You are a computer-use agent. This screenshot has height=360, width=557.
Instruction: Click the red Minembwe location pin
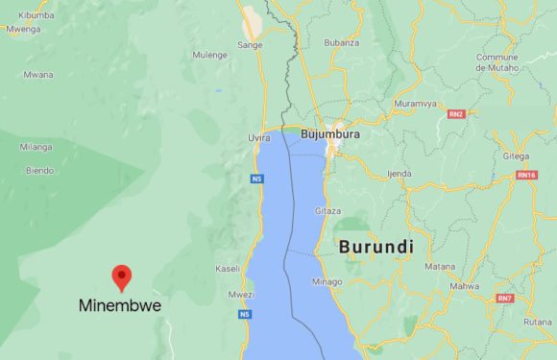[x=122, y=276]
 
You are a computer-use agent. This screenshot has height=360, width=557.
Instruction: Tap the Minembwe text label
[x=120, y=306]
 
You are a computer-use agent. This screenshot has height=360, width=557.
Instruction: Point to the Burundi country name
[x=375, y=247]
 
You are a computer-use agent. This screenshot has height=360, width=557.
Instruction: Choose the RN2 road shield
[x=456, y=113]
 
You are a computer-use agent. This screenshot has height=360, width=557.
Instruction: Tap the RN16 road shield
[x=526, y=175]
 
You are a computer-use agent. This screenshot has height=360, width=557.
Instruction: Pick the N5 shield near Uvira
[x=256, y=179]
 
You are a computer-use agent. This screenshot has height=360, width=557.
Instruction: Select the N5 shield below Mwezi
[x=246, y=314]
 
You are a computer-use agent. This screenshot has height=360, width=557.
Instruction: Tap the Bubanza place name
[x=341, y=42]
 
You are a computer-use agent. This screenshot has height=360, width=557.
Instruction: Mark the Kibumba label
[x=36, y=16]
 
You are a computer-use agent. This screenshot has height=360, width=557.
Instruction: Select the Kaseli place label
[x=228, y=268]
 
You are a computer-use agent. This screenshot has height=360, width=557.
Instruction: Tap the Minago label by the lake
[x=327, y=282]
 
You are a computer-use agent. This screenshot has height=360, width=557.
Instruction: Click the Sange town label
[x=250, y=44]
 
